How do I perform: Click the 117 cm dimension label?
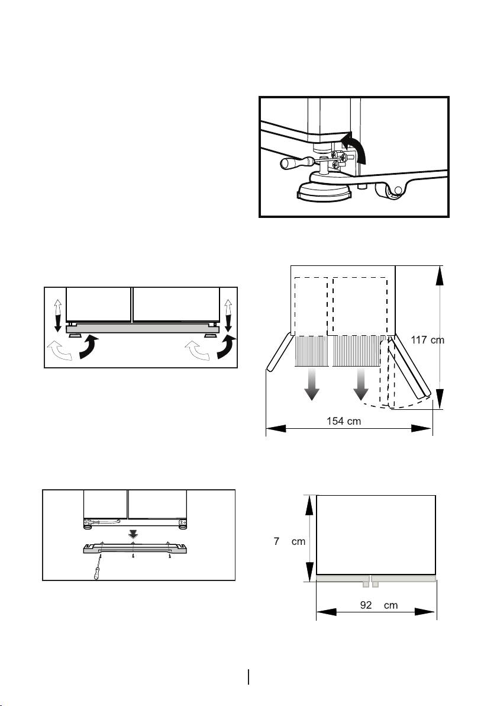[x=427, y=339]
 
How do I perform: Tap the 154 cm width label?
[x=344, y=421]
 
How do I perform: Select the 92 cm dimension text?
[x=379, y=605]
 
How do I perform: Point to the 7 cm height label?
[x=289, y=541]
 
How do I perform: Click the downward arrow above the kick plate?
[x=133, y=534]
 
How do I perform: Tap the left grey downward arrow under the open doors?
[x=311, y=384]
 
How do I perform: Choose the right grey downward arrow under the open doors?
[x=360, y=384]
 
